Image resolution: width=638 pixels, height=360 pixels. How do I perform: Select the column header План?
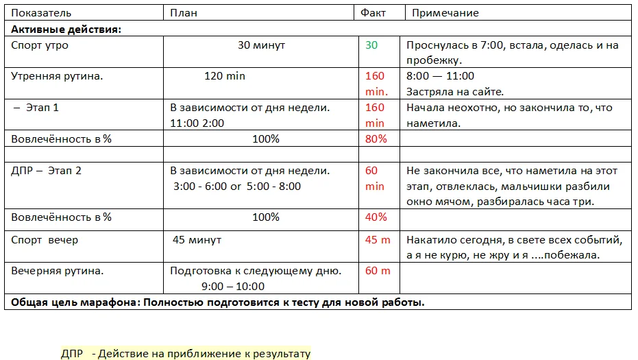(x=183, y=13)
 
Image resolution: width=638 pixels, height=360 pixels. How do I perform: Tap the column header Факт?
(x=373, y=13)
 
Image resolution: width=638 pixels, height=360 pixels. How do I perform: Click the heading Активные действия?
(x=66, y=29)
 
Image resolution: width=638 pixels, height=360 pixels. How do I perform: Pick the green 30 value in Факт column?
(x=371, y=45)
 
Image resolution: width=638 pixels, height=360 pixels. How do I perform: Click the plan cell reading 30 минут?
(x=261, y=45)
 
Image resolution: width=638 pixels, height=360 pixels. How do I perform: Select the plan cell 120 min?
(x=224, y=76)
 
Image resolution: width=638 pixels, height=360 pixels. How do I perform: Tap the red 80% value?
(x=376, y=139)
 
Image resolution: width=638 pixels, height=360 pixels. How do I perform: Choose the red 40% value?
(x=376, y=217)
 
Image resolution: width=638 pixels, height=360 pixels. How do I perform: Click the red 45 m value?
(x=378, y=240)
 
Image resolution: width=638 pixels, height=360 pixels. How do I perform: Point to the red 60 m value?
(x=378, y=271)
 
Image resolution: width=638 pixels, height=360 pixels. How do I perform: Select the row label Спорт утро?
(x=40, y=45)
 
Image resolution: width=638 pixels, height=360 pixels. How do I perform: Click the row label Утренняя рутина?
(x=57, y=76)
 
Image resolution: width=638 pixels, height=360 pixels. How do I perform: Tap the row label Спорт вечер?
(x=45, y=240)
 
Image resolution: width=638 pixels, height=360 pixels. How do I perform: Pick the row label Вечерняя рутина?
(x=58, y=271)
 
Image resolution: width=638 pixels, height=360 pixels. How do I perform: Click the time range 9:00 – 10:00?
(x=233, y=286)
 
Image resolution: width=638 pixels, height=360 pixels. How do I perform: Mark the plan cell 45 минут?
(x=197, y=240)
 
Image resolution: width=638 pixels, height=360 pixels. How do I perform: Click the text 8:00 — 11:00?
(x=440, y=76)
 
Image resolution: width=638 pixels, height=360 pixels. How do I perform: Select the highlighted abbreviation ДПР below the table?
(x=72, y=354)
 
